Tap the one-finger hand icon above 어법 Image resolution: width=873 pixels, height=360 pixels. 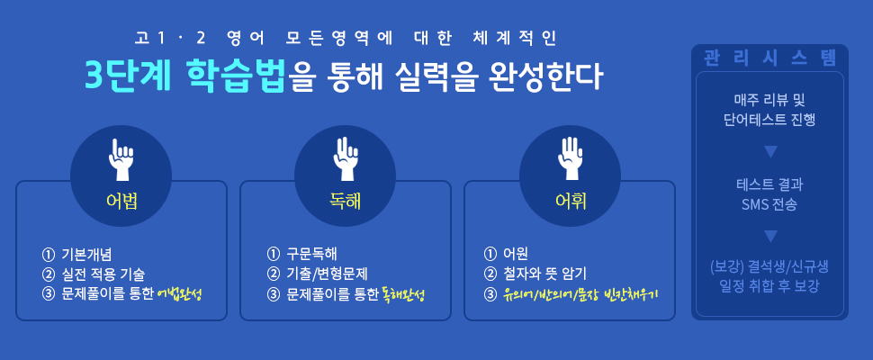[x=121, y=159]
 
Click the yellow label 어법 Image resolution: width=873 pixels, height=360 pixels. [x=121, y=202]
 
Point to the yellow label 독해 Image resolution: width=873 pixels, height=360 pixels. [x=346, y=202]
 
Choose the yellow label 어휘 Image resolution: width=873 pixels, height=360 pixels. [x=570, y=202]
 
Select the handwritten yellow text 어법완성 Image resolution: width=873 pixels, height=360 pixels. [x=179, y=294]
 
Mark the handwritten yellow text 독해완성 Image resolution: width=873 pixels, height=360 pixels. [x=404, y=294]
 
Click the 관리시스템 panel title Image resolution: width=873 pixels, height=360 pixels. [x=770, y=58]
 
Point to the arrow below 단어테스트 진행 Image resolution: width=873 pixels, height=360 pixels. [x=770, y=151]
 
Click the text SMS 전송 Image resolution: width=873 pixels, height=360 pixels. [x=770, y=205]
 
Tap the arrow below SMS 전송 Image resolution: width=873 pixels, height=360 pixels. [x=770, y=237]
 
